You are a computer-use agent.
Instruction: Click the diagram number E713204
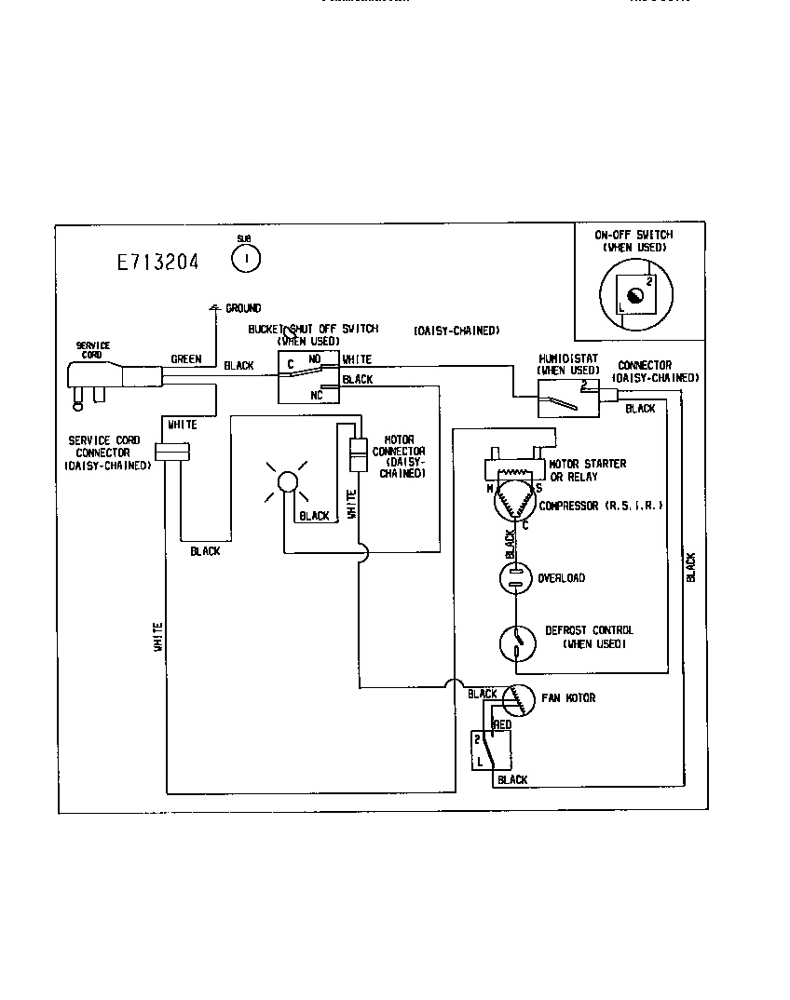(157, 262)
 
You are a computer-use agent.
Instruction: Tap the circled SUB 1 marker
(245, 259)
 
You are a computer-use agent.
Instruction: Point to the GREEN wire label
(185, 359)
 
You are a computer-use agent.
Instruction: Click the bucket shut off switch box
(308, 376)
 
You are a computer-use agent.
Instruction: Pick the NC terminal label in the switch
(316, 395)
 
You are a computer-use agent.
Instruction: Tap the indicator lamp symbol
(288, 480)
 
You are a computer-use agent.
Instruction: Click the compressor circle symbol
(515, 505)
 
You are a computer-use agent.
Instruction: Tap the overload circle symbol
(515, 578)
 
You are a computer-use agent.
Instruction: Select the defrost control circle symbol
(515, 642)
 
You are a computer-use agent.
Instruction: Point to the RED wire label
(501, 723)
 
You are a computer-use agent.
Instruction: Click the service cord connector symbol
(172, 452)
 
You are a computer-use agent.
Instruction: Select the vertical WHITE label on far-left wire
(158, 636)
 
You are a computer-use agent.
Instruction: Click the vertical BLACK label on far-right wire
(691, 567)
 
